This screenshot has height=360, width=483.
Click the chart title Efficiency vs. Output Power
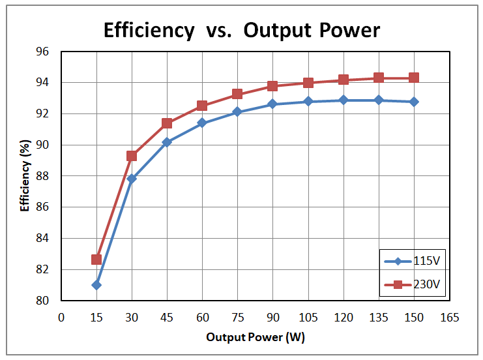click(241, 30)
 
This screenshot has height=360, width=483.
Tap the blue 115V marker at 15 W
click(96, 285)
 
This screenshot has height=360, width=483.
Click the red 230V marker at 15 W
click(96, 260)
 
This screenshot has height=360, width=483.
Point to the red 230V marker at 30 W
click(132, 156)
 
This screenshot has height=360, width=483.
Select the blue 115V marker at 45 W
click(167, 142)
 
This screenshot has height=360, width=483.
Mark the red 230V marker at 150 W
click(413, 78)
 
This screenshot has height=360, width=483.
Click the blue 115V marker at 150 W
click(413, 102)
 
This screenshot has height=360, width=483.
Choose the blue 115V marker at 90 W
click(272, 104)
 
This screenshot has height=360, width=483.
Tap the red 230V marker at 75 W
click(237, 94)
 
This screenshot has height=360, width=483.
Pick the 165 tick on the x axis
click(449, 318)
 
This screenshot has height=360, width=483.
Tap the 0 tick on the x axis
click(61, 318)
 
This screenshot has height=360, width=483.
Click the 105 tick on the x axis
click(308, 318)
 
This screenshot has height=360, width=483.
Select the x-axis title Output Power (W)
click(256, 338)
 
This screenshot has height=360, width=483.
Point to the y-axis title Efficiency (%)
click(25, 175)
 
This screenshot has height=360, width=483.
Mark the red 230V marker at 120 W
click(343, 80)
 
